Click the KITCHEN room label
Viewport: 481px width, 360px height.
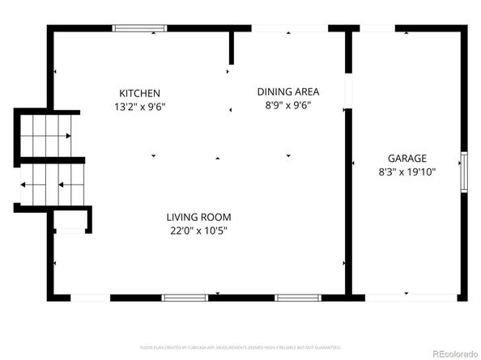(139, 93)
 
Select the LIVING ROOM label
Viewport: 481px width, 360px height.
(199, 217)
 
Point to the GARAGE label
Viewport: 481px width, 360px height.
(407, 159)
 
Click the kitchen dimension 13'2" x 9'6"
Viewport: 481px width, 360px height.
(139, 106)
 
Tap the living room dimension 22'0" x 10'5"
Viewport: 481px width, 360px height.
(199, 230)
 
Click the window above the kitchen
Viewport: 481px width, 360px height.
(139, 28)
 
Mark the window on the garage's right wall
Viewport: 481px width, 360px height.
(464, 172)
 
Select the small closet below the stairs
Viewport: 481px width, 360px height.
(70, 221)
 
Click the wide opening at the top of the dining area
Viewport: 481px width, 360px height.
(289, 28)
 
